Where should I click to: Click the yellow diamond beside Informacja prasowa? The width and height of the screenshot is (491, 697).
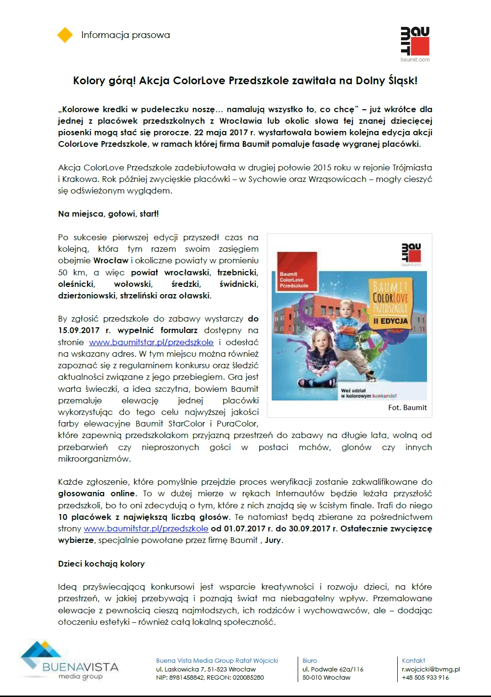65,35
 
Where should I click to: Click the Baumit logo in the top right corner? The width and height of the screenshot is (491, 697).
415,43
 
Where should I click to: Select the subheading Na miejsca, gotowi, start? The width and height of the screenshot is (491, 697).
108,214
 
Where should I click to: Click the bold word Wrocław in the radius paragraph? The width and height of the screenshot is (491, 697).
111,260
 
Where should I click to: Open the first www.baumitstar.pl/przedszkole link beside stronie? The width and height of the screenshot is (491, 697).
151,342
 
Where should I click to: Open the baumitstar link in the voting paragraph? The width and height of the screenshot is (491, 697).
146,529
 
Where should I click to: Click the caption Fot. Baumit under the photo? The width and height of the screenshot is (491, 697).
407,408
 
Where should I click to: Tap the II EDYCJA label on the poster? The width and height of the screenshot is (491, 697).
390,321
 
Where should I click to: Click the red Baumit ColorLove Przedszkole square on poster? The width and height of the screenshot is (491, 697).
294,271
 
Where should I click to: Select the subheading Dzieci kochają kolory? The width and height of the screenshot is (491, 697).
101,564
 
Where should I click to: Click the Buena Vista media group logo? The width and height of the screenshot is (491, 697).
69,661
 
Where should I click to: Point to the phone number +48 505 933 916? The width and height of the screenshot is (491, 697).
425,677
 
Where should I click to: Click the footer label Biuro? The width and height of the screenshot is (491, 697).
310,660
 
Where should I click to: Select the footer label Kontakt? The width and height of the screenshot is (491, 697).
414,660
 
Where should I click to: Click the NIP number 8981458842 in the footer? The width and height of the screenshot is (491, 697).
187,677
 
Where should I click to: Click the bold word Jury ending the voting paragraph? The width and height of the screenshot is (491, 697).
273,540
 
